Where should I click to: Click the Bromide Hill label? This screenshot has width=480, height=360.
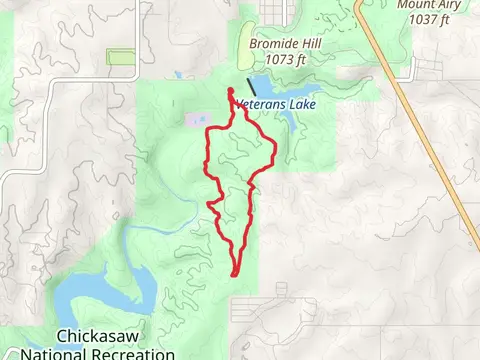click(272, 43)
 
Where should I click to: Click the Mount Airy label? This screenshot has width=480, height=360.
click(429, 5)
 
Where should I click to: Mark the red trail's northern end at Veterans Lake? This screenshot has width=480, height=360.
click(231, 92)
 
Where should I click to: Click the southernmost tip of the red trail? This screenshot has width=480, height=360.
click(234, 273)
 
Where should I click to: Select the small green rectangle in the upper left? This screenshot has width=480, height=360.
click(121, 57)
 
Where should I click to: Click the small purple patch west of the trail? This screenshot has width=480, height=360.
click(191, 119)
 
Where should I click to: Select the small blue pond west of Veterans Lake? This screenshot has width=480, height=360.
click(181, 75)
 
